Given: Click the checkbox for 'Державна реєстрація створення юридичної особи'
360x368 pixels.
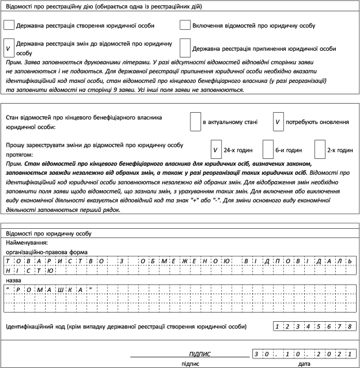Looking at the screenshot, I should pyautogui.click(x=9, y=25).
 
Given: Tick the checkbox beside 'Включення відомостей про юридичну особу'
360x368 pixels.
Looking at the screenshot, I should pyautogui.click(x=185, y=25).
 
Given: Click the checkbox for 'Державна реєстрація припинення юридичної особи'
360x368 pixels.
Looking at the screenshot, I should pyautogui.click(x=185, y=47).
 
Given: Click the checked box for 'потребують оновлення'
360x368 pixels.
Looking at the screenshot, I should pyautogui.click(x=278, y=121).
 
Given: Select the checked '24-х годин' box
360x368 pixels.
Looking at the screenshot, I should pyautogui.click(x=215, y=150).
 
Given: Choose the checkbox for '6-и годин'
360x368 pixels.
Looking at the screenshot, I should pyautogui.click(x=268, y=150).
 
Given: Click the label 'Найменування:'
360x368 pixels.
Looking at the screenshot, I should pyautogui.click(x=26, y=242).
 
